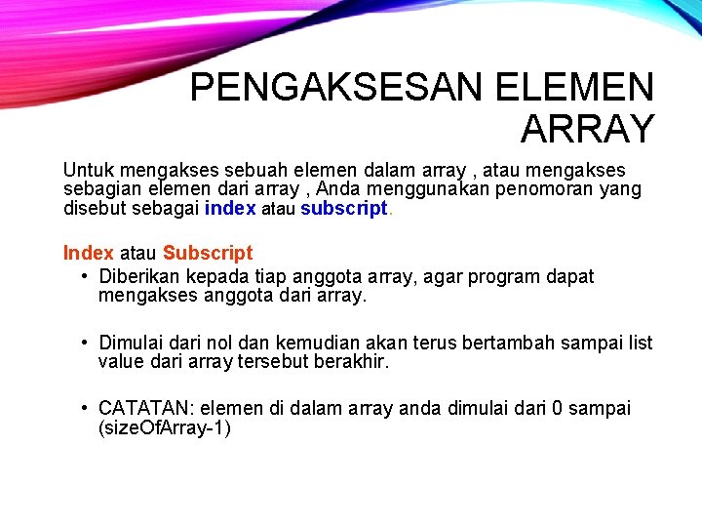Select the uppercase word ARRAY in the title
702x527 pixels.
[587, 128]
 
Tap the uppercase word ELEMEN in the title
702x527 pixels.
[575, 88]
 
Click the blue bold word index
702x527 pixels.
[230, 208]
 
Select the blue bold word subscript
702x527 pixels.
[344, 208]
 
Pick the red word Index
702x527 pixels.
[88, 253]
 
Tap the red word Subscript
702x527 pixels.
[208, 253]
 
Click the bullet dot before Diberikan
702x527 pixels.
[87, 276]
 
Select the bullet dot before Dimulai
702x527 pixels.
[87, 343]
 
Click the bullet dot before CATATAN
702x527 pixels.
[87, 408]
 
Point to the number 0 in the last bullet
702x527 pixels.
[558, 408]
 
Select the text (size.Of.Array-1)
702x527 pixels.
[165, 427]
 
